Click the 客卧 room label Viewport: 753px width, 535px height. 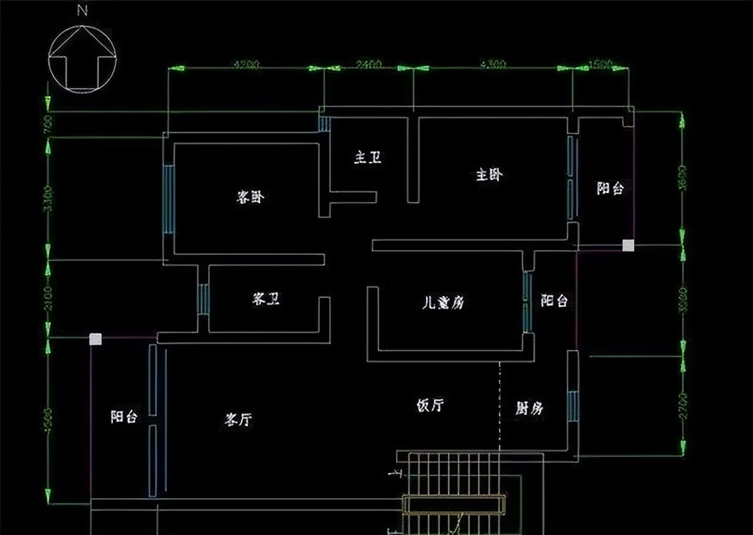[x=250, y=197]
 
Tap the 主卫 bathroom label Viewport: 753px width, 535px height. [x=368, y=158]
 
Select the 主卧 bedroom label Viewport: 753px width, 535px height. [x=489, y=175]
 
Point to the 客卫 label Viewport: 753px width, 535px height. [x=266, y=299]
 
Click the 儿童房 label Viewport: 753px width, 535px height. [x=443, y=303]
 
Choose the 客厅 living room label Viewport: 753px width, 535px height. [x=238, y=419]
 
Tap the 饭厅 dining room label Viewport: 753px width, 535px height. [x=430, y=406]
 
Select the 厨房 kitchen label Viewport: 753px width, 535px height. [x=529, y=409]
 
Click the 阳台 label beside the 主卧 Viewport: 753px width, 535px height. [x=610, y=188]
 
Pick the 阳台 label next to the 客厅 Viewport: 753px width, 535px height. [x=124, y=416]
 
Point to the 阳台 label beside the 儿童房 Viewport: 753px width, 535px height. [x=554, y=301]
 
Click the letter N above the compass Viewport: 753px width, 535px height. [x=82, y=11]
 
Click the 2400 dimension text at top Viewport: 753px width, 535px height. [x=368, y=65]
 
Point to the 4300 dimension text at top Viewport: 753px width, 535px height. [x=493, y=65]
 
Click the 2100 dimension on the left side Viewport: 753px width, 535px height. [x=49, y=299]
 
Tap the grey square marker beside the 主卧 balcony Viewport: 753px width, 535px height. [x=628, y=246]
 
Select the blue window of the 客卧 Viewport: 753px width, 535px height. [x=169, y=199]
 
